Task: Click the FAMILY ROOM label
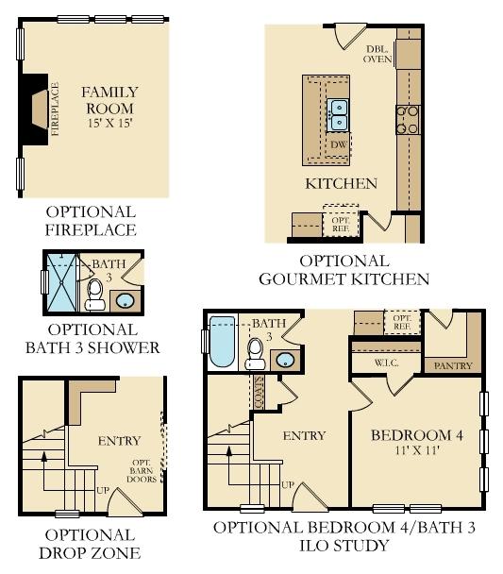[109, 100]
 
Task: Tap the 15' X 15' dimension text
[109, 124]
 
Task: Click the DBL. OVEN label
[378, 54]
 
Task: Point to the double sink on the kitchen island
[338, 115]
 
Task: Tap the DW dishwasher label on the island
[338, 144]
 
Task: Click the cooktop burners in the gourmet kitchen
[407, 119]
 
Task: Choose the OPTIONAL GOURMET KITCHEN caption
[344, 269]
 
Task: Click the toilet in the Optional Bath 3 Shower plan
[94, 295]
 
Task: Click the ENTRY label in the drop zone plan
[119, 440]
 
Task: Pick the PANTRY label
[451, 364]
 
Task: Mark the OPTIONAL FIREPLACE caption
[91, 221]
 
